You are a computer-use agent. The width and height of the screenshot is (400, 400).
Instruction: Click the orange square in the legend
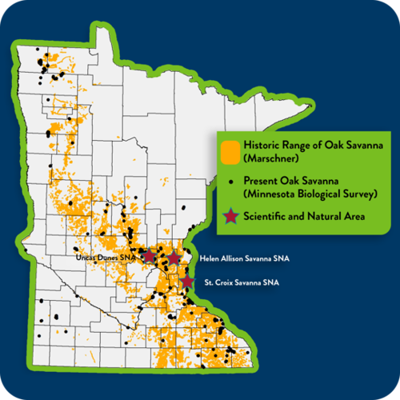pos(230,151)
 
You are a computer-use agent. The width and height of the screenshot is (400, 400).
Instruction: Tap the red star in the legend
pos(230,215)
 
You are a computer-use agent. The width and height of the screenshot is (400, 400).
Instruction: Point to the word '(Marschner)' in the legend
pos(268,158)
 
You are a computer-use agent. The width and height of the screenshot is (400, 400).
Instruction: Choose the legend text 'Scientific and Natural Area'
pos(308,215)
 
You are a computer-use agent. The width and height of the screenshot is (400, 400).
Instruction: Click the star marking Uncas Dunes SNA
pos(150,256)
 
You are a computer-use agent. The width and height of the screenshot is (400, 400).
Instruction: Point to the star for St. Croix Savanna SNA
pos(187,282)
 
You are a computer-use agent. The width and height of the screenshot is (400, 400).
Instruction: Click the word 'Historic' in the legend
pos(262,146)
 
